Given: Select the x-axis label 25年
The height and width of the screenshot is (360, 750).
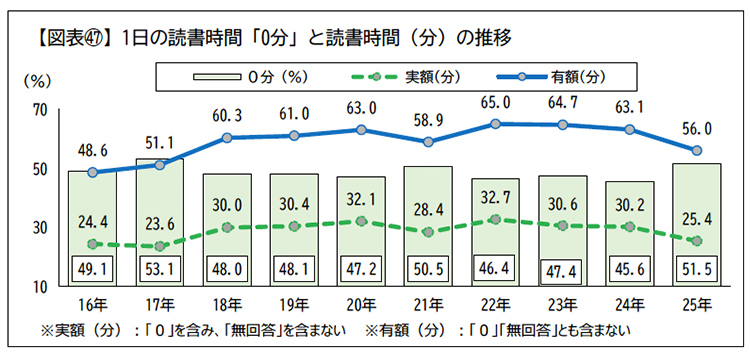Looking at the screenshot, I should coord(696,304).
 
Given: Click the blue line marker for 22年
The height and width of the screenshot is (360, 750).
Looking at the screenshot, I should coord(496,124).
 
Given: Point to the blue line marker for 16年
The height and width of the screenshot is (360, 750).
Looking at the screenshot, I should coord(93,172).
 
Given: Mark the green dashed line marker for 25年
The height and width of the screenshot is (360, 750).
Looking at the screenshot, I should coord(697,241).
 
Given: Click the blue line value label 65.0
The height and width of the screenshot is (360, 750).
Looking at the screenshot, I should coord(494,102).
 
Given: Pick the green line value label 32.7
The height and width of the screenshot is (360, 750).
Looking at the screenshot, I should coord(494,197).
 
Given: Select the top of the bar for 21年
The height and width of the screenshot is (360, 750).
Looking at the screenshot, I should coord(427,167).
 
